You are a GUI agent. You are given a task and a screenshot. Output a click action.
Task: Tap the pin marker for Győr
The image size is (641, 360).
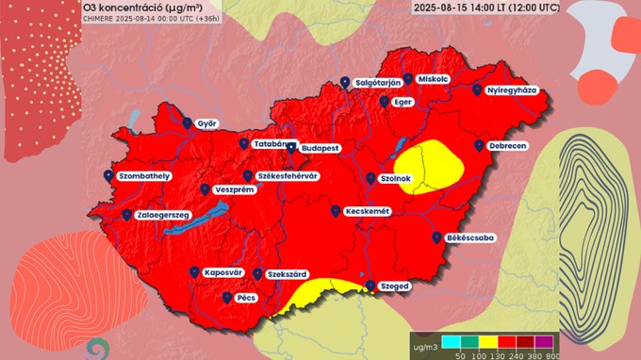(188, 123)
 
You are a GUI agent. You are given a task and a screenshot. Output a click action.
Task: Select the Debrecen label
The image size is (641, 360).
(507, 146)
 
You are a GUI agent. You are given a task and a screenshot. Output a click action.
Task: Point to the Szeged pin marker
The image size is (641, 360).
(370, 285)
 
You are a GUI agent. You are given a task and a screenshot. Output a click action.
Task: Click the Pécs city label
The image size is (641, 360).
(247, 298)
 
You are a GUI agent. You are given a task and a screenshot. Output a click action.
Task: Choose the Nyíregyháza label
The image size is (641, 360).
(511, 90)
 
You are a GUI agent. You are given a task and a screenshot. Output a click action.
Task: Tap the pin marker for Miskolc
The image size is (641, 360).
(407, 79)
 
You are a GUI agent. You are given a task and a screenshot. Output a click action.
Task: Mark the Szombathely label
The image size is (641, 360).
(143, 176)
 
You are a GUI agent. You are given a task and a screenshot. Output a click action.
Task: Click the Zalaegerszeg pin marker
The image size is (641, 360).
(127, 215)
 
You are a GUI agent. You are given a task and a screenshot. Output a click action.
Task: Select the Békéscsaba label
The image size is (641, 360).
(470, 238)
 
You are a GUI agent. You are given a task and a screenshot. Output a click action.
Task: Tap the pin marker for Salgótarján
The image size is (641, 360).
(346, 83)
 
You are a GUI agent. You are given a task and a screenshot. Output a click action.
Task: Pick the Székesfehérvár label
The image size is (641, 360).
(287, 176)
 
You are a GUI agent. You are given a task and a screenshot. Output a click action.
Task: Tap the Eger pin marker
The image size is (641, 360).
(385, 101)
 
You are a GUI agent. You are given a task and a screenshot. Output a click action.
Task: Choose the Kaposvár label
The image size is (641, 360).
(223, 273)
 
